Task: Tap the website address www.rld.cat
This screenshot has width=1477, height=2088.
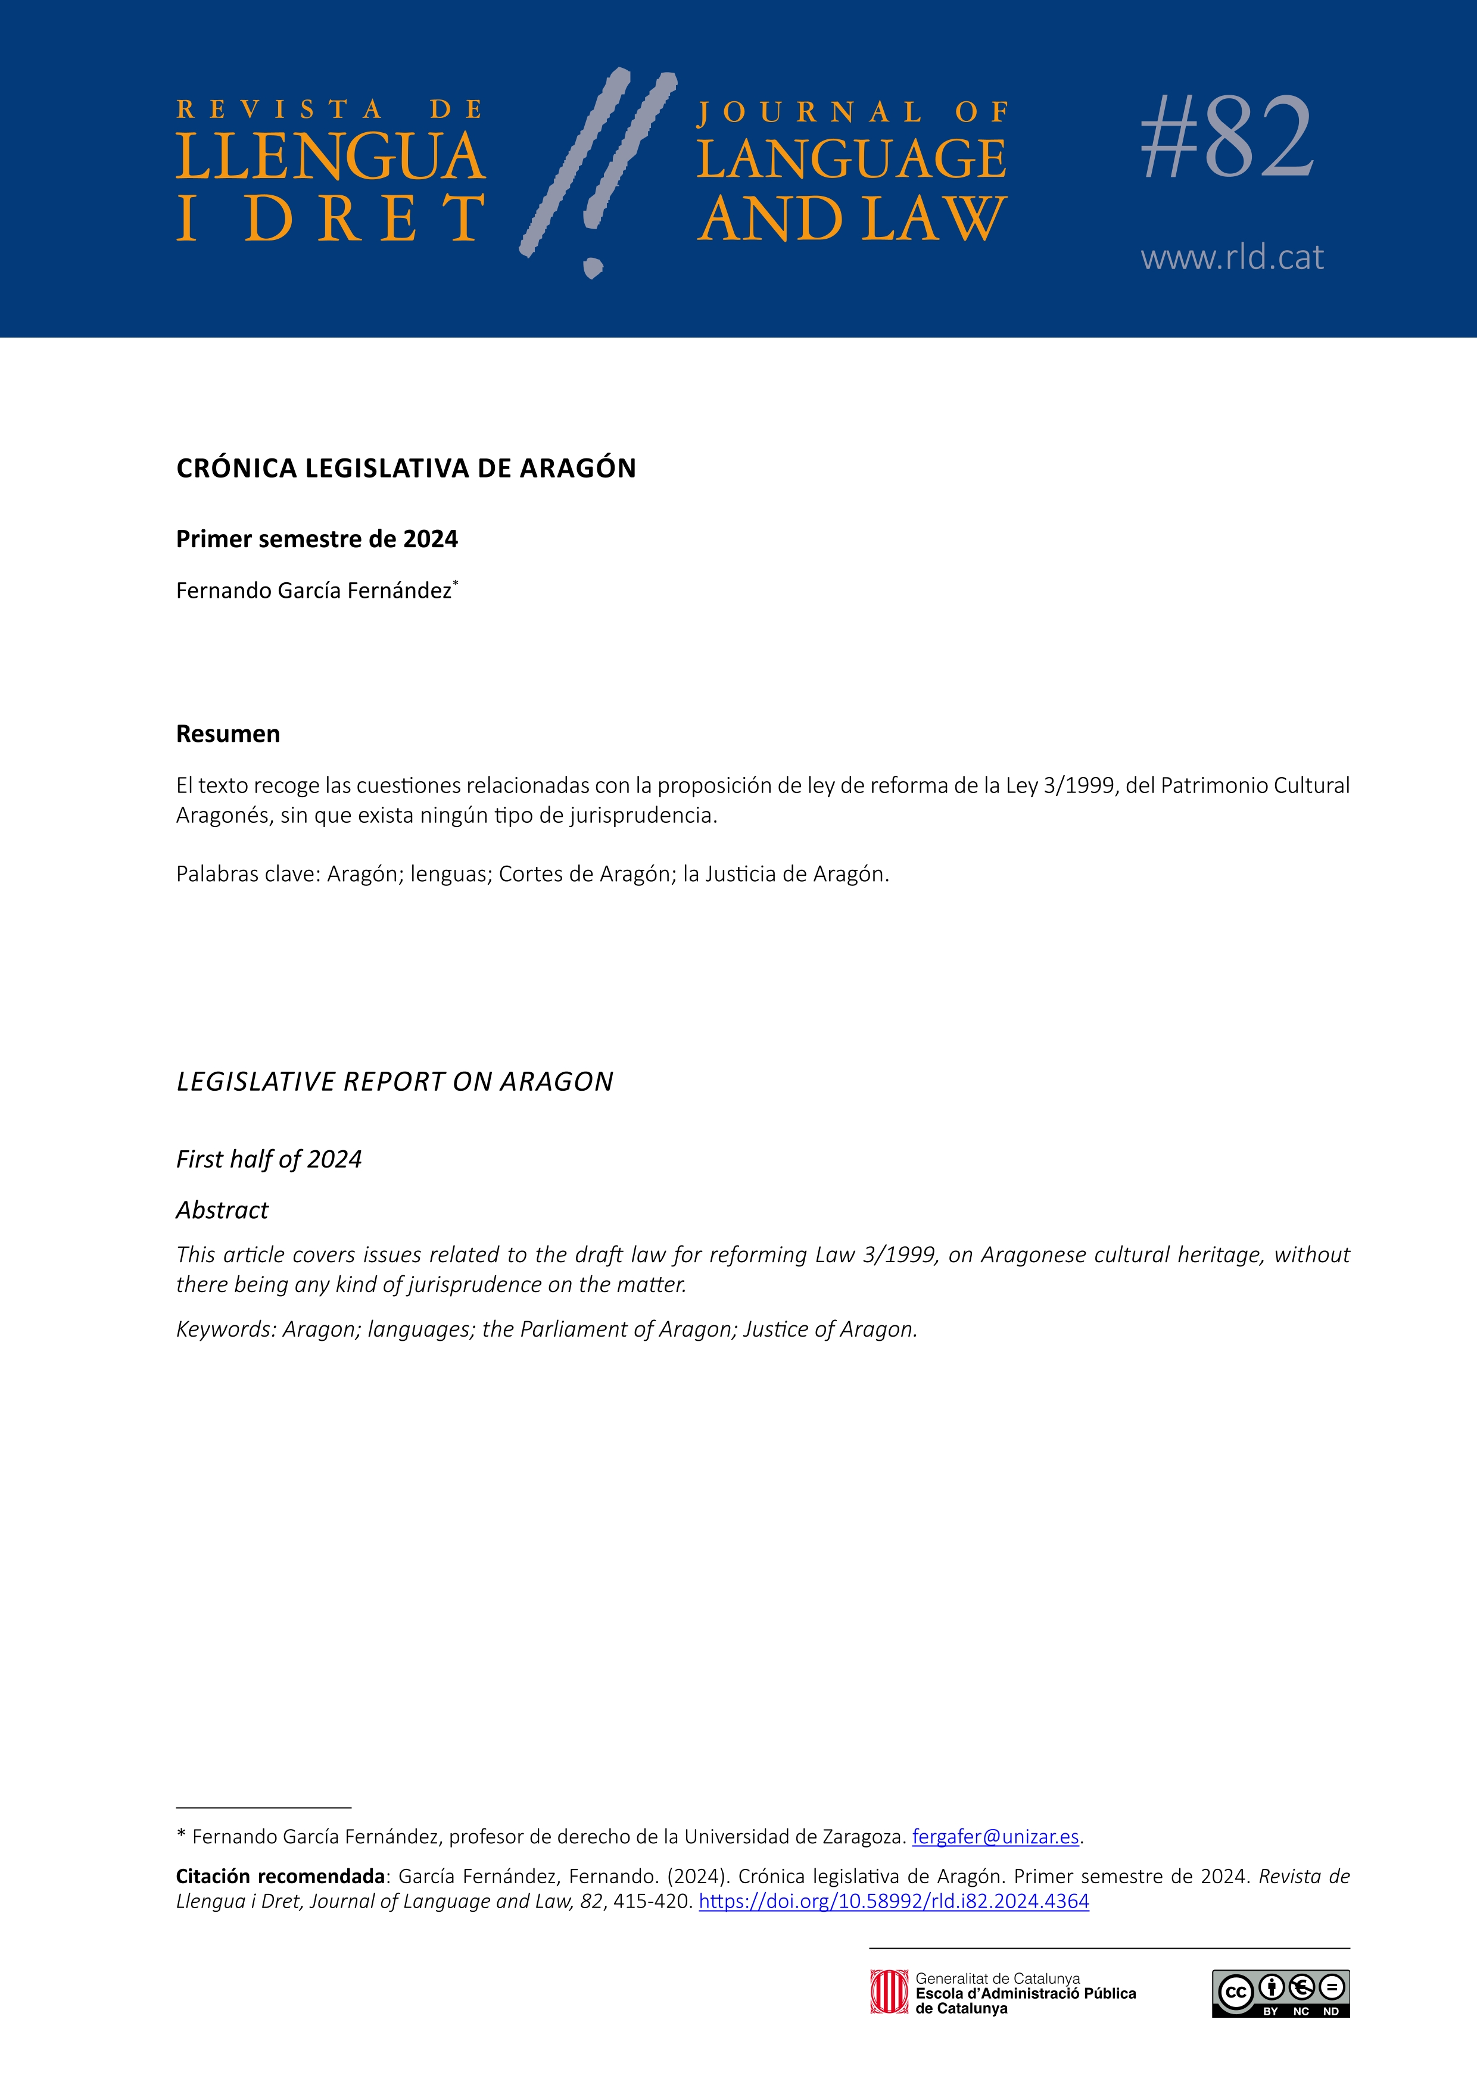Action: pyautogui.click(x=1232, y=257)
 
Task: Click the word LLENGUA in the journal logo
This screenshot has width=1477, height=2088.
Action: pyautogui.click(x=330, y=157)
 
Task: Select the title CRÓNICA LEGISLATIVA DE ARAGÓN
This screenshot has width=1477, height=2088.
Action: pyautogui.click(x=406, y=469)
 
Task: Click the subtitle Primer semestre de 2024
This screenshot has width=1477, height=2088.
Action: pyautogui.click(x=316, y=539)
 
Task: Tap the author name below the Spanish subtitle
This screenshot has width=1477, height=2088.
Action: pyautogui.click(x=314, y=591)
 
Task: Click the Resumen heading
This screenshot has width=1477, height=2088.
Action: pyautogui.click(x=228, y=734)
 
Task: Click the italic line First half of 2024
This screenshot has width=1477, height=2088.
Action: pyautogui.click(x=268, y=1159)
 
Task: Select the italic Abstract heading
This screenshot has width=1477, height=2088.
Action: pyautogui.click(x=222, y=1210)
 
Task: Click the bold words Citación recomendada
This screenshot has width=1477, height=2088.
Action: pyautogui.click(x=280, y=1876)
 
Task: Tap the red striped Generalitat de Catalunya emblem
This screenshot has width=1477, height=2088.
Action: pyautogui.click(x=887, y=1992)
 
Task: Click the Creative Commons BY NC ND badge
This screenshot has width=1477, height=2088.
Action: pyautogui.click(x=1280, y=1993)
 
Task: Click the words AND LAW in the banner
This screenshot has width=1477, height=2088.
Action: pyautogui.click(x=851, y=219)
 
